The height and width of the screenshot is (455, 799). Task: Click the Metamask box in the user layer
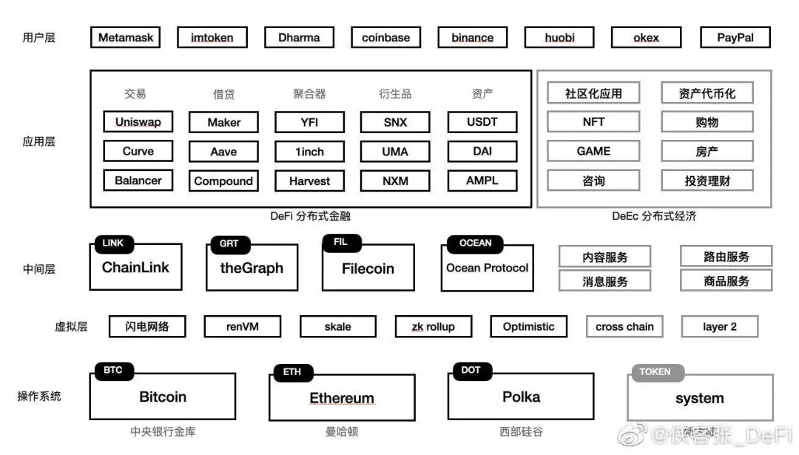(x=126, y=38)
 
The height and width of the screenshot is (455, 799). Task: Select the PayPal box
(x=735, y=38)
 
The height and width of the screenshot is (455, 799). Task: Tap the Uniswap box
(x=138, y=122)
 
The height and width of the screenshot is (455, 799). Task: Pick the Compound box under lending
(x=223, y=181)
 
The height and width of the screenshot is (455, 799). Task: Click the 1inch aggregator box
(x=309, y=152)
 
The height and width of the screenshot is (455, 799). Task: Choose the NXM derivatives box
(x=395, y=181)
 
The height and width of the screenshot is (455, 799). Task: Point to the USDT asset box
(x=482, y=122)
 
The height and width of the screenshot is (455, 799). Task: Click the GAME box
(x=593, y=151)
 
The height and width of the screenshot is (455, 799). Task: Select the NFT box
(x=593, y=122)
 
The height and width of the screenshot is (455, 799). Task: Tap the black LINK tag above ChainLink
(x=113, y=243)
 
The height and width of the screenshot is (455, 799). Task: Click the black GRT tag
(x=229, y=243)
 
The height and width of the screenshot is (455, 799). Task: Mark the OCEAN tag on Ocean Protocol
(x=475, y=243)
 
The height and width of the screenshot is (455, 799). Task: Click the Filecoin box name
(x=368, y=269)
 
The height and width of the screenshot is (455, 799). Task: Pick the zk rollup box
(x=434, y=326)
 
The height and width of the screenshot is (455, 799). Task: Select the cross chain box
(x=624, y=326)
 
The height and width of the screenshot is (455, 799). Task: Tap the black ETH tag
(x=292, y=371)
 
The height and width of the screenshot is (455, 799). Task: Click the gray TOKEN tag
(x=655, y=371)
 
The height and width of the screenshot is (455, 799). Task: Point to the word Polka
(x=521, y=397)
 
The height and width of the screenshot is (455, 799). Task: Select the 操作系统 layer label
(x=39, y=397)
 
